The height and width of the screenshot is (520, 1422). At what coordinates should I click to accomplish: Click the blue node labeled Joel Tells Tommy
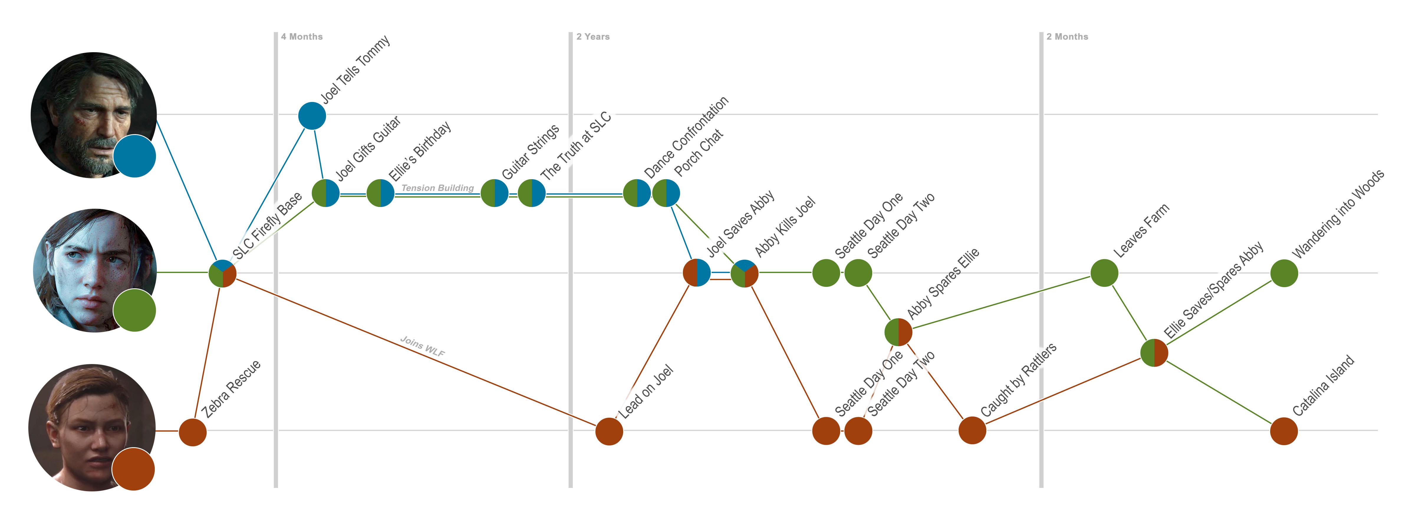coord(312,116)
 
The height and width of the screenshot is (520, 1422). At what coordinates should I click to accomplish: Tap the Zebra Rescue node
coord(193,432)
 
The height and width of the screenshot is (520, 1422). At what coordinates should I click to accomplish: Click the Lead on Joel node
coord(609,431)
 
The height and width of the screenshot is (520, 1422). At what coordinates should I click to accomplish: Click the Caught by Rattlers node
coord(972,431)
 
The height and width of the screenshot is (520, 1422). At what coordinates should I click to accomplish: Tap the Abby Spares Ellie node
coord(898,332)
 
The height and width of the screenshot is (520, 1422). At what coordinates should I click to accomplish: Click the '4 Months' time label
coord(301,37)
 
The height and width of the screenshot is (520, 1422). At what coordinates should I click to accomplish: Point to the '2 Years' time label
coord(593,37)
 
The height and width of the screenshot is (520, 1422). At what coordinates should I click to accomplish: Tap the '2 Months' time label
coord(1067,37)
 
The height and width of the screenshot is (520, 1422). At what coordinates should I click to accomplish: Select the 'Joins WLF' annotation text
coord(422,346)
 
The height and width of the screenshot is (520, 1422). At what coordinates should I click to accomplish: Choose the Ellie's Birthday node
coord(380,193)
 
